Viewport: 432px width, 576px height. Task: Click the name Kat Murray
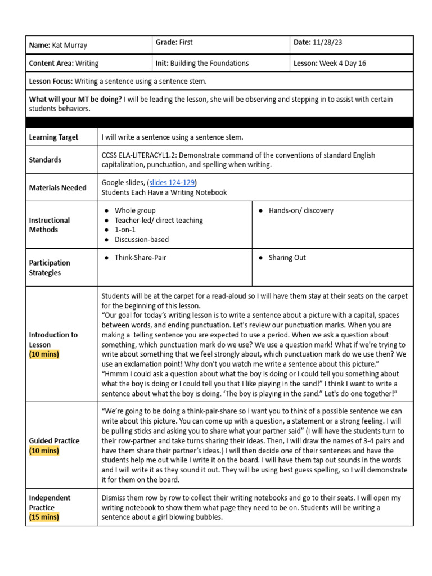[69, 44]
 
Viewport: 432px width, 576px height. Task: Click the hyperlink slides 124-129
[172, 183]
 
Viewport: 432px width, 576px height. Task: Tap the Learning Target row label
[53, 137]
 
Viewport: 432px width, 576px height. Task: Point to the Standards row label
[45, 160]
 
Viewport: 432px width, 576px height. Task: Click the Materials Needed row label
[57, 188]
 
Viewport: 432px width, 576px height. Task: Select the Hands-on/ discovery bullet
[300, 210]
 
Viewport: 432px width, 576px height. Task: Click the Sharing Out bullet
[287, 258]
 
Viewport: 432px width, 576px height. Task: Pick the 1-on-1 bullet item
[125, 229]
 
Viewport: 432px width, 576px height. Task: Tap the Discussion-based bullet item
[141, 239]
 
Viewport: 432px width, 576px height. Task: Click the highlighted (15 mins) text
[43, 517]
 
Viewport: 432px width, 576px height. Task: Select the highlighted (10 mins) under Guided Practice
[43, 451]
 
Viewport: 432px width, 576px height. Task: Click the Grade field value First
[186, 42]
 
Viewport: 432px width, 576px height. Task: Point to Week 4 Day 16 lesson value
[343, 63]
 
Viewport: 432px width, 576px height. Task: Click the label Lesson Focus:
[51, 82]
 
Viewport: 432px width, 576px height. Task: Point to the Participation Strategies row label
[49, 268]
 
